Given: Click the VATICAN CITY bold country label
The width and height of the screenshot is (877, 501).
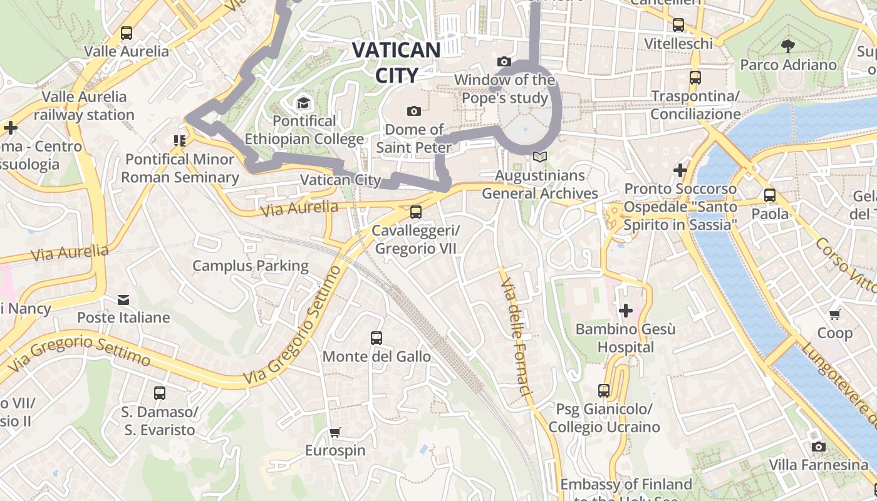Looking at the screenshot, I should click(x=397, y=62).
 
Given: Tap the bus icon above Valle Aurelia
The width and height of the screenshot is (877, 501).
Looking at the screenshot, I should click(x=127, y=33).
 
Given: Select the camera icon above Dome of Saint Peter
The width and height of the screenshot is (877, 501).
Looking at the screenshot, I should click(x=414, y=111).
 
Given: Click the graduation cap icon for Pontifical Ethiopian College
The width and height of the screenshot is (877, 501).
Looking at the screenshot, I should click(x=304, y=102).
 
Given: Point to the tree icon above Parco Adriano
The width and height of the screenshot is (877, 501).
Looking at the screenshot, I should click(x=787, y=46).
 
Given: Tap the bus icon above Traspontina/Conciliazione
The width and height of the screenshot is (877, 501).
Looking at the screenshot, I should click(x=695, y=78).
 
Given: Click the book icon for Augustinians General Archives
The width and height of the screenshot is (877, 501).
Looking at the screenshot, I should click(x=539, y=157).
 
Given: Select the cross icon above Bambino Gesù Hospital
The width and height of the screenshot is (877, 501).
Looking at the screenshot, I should click(x=625, y=310).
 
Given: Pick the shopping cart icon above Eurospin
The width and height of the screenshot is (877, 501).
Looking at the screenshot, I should click(x=335, y=432).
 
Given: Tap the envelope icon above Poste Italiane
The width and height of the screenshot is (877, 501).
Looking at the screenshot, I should click(x=123, y=300).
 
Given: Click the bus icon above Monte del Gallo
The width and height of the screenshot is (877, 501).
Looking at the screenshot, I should click(x=376, y=338).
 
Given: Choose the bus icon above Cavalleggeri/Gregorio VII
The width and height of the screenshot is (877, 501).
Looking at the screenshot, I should click(x=416, y=212).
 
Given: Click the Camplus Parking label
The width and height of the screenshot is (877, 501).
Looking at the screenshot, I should click(x=250, y=266).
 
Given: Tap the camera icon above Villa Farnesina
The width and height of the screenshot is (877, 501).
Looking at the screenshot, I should click(x=818, y=447).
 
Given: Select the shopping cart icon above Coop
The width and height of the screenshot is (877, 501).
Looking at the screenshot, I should click(x=834, y=314).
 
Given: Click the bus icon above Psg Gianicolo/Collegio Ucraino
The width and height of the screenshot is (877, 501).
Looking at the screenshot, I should click(x=604, y=391).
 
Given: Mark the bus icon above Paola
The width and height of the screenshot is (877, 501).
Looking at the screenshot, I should click(x=770, y=195).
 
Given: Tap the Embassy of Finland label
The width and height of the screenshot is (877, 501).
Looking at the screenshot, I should click(x=626, y=485).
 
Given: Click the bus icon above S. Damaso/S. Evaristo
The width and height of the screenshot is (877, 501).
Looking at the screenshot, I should click(x=160, y=393).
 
